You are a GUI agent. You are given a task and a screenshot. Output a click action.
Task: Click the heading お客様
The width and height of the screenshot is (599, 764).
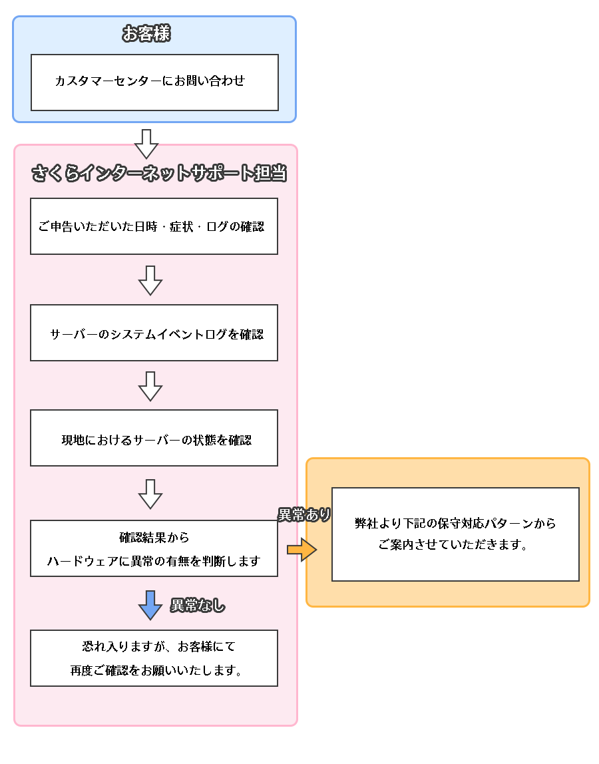(146, 33)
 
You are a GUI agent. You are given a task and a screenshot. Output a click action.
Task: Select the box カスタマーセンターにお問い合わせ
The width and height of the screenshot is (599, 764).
(154, 82)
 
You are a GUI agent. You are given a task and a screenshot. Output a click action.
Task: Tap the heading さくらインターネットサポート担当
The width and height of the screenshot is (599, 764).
(159, 173)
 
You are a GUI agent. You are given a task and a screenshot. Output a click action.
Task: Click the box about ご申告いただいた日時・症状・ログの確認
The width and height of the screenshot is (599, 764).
(154, 226)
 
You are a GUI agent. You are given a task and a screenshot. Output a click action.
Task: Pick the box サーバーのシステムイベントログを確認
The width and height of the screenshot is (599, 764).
(154, 333)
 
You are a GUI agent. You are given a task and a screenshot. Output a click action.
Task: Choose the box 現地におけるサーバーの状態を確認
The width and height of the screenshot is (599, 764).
(154, 438)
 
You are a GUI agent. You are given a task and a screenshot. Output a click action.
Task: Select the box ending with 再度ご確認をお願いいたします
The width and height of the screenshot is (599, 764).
(154, 658)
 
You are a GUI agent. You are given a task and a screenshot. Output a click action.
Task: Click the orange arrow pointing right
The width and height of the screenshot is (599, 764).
(301, 550)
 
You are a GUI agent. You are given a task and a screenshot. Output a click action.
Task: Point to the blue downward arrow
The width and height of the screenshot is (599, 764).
(150, 604)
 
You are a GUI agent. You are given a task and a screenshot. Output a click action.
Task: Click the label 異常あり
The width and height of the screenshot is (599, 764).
(304, 514)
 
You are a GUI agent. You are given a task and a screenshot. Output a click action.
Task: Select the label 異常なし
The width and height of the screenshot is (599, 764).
(198, 606)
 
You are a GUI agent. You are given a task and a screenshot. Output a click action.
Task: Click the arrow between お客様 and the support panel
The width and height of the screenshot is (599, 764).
(146, 143)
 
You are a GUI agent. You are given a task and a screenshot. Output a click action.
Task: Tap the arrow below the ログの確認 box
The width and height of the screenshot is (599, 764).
(150, 280)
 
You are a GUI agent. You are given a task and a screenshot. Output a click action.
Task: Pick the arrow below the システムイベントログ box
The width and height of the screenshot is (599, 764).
(150, 386)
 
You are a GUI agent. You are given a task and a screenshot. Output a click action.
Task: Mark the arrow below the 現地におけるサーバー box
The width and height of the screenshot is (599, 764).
(150, 494)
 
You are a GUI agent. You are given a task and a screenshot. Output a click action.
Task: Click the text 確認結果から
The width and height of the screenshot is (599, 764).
(154, 537)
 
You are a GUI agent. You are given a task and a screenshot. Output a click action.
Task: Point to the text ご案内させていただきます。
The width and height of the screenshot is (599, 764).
(453, 546)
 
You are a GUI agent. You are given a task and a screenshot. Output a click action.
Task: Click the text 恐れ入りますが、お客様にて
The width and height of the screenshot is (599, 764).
(158, 646)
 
